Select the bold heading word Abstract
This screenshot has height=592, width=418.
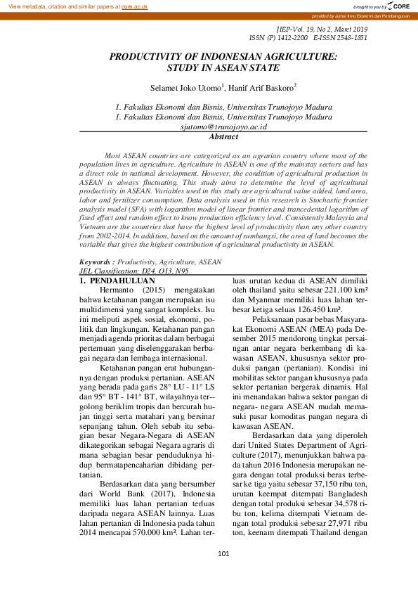coord(223,137)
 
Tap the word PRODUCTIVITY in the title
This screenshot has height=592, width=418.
coord(150,56)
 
